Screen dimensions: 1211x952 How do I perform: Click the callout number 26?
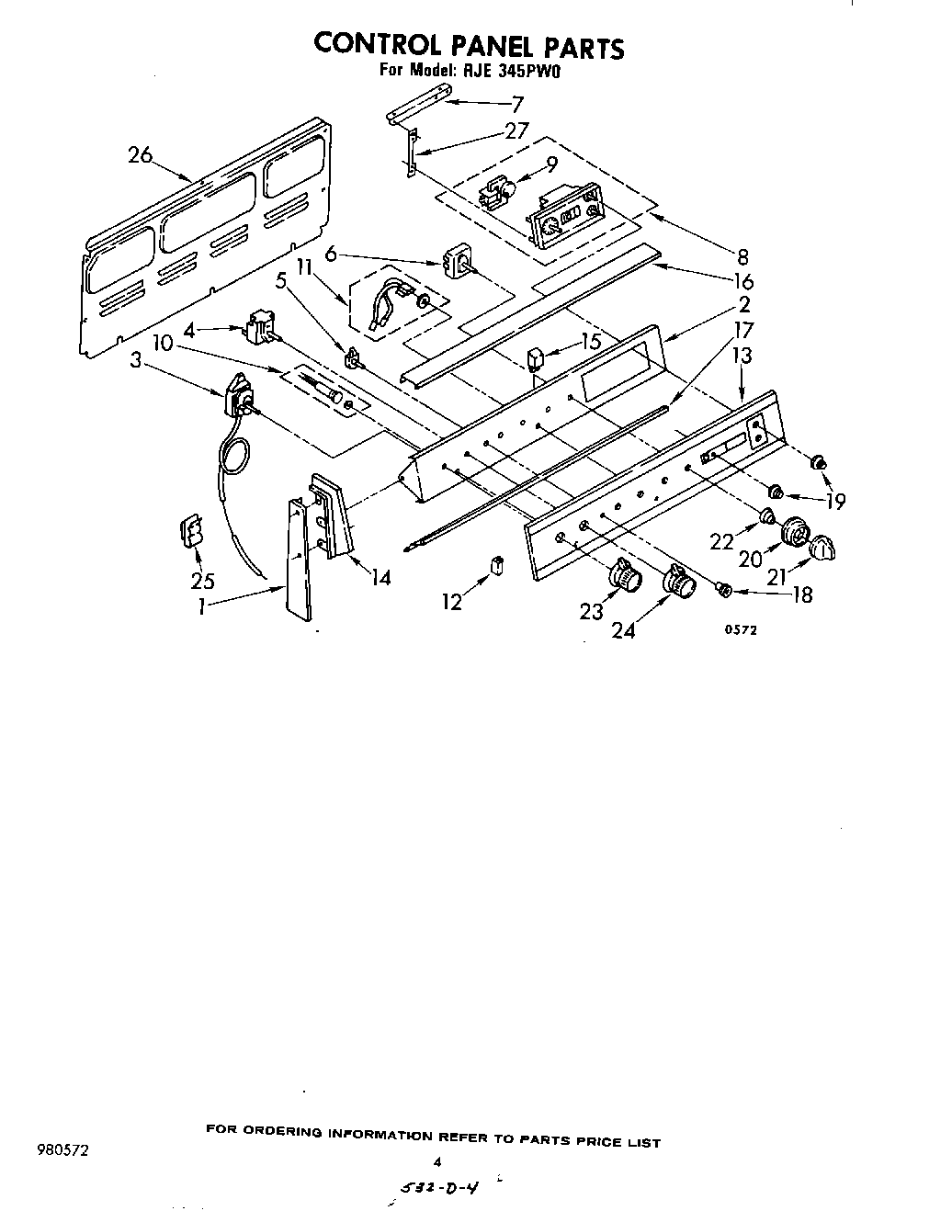141,155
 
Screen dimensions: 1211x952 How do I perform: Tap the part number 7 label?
517,104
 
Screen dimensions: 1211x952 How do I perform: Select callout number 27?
516,131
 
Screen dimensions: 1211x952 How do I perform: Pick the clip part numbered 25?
192,531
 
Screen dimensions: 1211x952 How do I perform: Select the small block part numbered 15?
536,357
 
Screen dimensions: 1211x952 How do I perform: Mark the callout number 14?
379,577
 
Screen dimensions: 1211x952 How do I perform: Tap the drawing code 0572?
740,629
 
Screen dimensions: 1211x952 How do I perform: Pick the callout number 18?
801,594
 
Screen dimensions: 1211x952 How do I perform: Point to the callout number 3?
136,362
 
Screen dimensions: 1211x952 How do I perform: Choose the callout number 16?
743,282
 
